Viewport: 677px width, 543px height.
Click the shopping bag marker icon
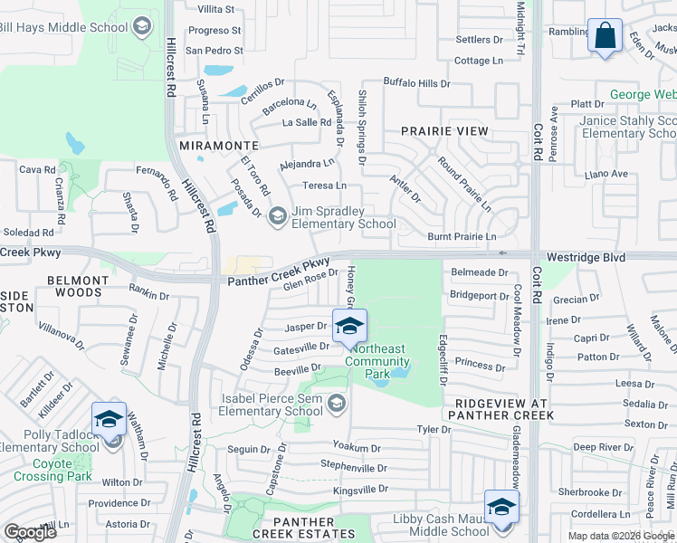pos(604,36)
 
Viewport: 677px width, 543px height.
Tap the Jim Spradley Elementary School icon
pos(278,215)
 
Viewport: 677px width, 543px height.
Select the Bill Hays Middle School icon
pos(142,26)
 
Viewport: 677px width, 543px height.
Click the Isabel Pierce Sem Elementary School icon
pos(338,403)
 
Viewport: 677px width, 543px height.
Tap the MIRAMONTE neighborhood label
pos(219,145)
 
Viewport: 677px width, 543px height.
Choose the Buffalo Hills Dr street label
pos(416,83)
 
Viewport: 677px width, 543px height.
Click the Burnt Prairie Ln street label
pos(462,237)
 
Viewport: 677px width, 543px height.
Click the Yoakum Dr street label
pos(357,448)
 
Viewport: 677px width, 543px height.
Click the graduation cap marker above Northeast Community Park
pos(349,327)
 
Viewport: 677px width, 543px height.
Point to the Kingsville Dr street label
pos(360,489)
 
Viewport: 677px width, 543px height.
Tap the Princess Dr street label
pos(480,367)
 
